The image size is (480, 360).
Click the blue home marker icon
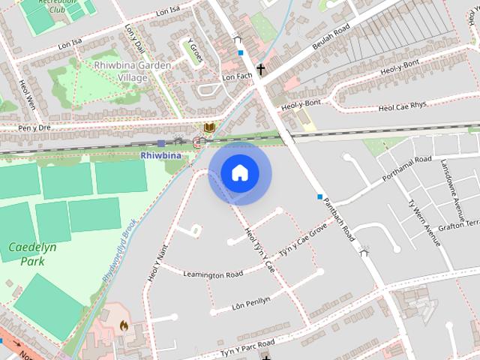tap(238, 173)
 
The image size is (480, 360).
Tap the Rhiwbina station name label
tap(160, 155)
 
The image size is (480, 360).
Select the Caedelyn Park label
tap(25, 253)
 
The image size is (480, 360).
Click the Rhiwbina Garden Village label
tap(133, 70)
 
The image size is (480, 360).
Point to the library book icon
tap(209, 129)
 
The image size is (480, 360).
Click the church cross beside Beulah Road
tap(261, 70)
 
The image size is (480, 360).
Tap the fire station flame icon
tap(124, 326)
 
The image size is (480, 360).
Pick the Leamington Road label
tap(213, 274)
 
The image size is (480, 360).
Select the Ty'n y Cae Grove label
tap(303, 238)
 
